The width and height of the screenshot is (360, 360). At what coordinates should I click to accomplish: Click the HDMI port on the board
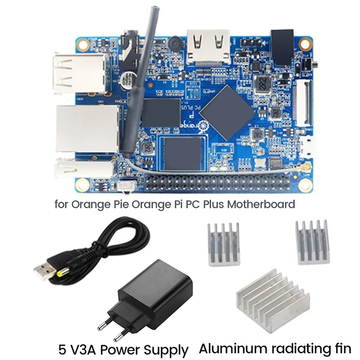point(208,45)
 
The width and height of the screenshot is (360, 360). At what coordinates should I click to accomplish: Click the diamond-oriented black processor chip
point(226,111)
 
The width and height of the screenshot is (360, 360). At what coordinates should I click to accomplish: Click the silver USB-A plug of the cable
point(44,270)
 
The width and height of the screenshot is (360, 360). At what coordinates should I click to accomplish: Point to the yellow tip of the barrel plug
point(60,273)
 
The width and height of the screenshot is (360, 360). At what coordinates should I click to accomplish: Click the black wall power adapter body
point(153,292)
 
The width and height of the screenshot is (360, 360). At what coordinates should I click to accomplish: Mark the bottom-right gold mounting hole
point(306,184)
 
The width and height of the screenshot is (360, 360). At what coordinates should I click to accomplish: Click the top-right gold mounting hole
point(306,44)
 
